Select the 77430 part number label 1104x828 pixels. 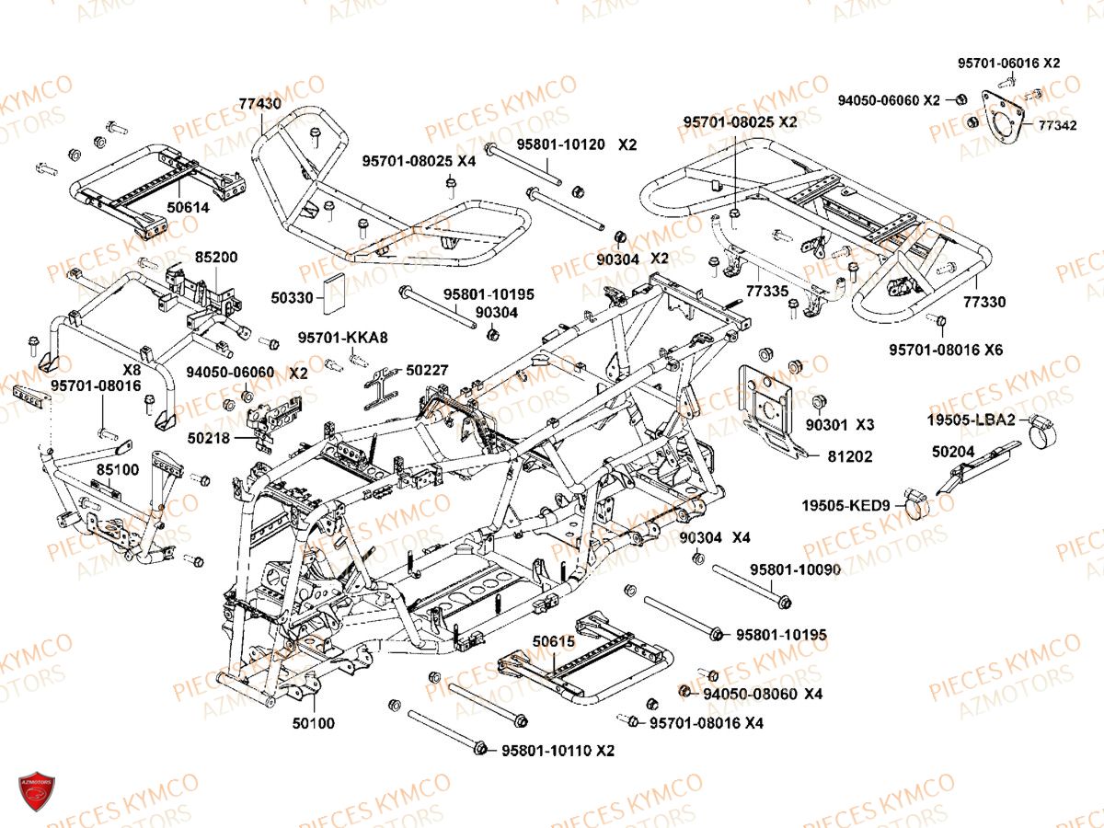tap(260, 104)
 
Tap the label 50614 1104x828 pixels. tap(188, 208)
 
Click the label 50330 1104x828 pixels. tap(292, 297)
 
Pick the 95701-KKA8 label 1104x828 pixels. tap(343, 338)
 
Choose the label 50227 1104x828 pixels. tap(428, 370)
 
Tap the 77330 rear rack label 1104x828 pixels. tap(984, 302)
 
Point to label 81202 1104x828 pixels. tap(850, 456)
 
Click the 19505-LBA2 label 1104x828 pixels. tap(972, 420)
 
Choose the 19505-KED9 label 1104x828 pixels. tap(845, 505)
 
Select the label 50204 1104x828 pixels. tap(951, 452)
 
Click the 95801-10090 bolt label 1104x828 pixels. tap(795, 569)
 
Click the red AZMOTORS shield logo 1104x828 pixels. tap(37, 793)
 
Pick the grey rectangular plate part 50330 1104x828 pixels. tap(333, 292)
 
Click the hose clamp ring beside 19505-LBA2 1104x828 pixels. tap(1043, 428)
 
